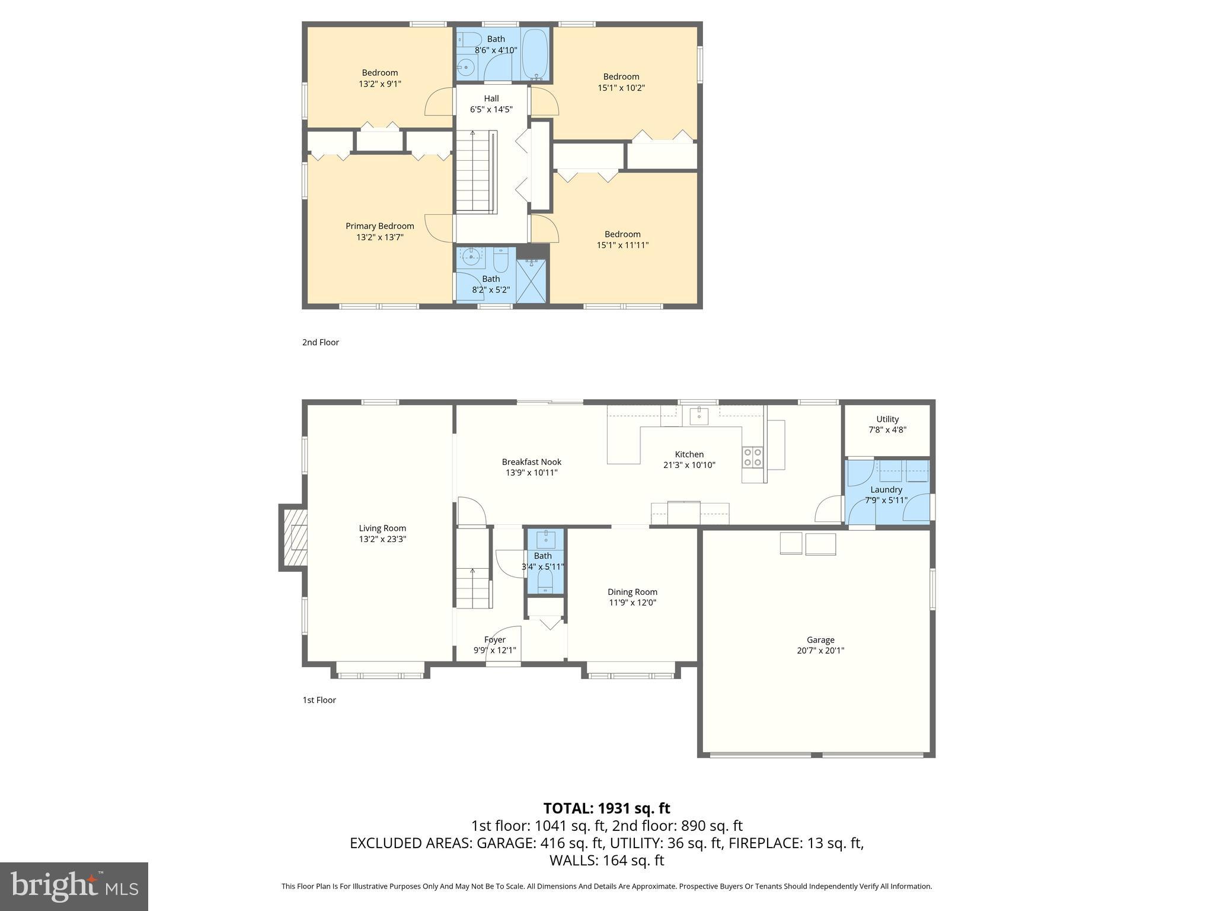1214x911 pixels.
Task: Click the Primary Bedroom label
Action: pyautogui.click(x=379, y=226)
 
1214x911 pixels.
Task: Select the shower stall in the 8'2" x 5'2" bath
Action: pyautogui.click(x=531, y=281)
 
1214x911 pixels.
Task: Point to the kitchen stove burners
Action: pyautogui.click(x=753, y=457)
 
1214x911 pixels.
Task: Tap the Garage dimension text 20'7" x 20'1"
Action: pyautogui.click(x=820, y=651)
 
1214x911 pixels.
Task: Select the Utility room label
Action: pyautogui.click(x=887, y=419)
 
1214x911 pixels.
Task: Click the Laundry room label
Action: pyautogui.click(x=886, y=489)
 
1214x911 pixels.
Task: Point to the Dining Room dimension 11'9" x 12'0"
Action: pyautogui.click(x=632, y=603)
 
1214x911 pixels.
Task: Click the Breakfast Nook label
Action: pyautogui.click(x=531, y=462)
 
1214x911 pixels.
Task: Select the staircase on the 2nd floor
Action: pyautogui.click(x=475, y=172)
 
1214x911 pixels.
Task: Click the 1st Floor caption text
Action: pyautogui.click(x=319, y=700)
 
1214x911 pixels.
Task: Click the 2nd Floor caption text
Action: pyautogui.click(x=320, y=342)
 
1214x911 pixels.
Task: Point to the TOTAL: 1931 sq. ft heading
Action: pyautogui.click(x=606, y=808)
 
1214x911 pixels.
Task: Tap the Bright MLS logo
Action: pyautogui.click(x=74, y=887)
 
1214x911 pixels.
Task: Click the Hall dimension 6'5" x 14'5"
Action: pyautogui.click(x=491, y=110)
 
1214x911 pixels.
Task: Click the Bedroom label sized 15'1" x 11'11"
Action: pyautogui.click(x=622, y=234)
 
